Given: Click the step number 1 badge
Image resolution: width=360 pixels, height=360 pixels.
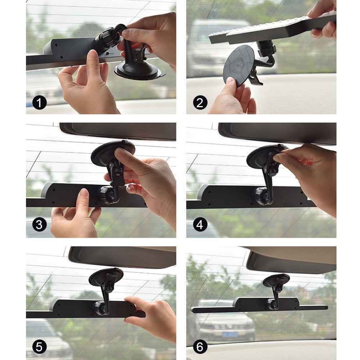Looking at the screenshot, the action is coord(40,102).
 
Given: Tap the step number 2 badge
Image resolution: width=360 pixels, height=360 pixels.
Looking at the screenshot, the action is coord(200,102).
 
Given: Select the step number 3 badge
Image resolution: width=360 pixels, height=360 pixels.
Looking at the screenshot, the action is coord(40,224).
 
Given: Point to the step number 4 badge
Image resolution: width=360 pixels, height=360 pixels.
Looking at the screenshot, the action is coord(200,224).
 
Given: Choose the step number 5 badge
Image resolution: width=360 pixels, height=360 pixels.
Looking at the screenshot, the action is coord(40,347).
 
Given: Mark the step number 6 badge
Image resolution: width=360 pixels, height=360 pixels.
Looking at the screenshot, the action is coord(200,347).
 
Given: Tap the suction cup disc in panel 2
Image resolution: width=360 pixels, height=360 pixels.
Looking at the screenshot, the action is coord(238,64).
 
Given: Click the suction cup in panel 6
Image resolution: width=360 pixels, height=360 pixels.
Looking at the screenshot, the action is coord(276,280).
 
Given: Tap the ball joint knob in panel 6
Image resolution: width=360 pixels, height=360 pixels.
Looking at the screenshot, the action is coord(272,304).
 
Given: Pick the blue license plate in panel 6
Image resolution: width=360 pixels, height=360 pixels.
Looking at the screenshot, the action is coord(229,334).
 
